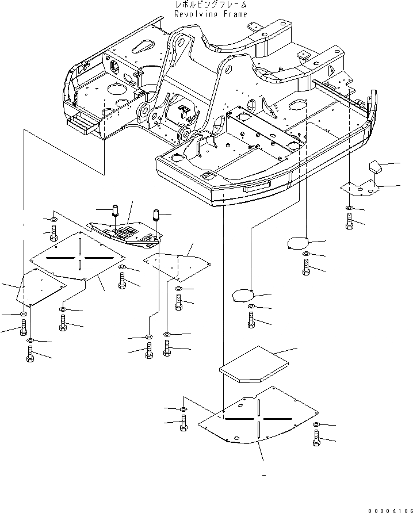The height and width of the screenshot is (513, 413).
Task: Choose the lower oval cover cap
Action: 242,296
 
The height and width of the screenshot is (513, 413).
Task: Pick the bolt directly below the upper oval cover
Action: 305,265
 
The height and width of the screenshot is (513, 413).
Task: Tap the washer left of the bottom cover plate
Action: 183,408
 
